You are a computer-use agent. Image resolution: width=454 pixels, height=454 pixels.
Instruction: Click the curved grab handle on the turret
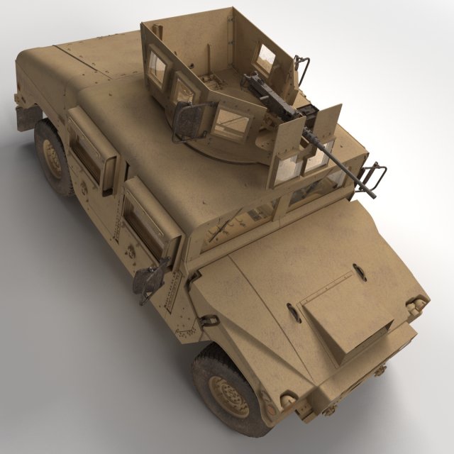304,71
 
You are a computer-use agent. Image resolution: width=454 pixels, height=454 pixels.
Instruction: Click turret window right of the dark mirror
231,122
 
